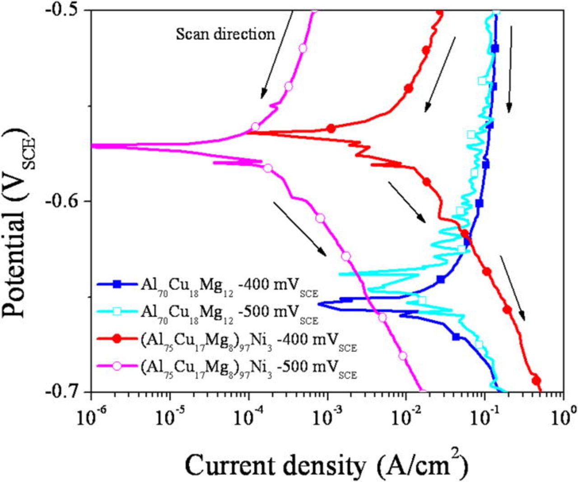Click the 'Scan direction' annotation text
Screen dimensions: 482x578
225,34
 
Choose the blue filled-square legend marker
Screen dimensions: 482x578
117,284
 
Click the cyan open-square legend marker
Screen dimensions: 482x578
117,311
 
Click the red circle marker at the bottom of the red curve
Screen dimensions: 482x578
536,380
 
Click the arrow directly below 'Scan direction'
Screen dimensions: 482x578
276,54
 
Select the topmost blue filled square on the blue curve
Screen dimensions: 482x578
495,48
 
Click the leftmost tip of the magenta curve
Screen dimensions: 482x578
93,146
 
